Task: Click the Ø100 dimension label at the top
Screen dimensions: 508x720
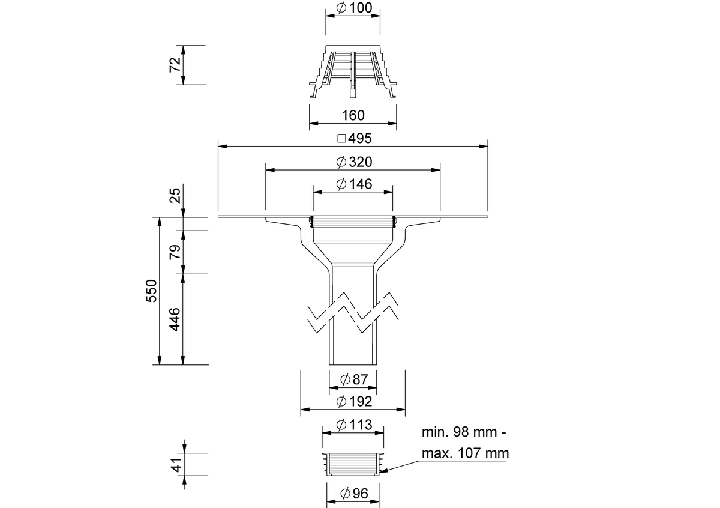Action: coord(354,8)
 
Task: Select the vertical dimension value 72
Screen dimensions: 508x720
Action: coord(175,65)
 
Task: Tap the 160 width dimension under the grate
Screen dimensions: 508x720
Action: coord(353,115)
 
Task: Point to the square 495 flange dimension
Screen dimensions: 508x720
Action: coord(354,138)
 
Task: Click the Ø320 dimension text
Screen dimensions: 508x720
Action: coord(354,162)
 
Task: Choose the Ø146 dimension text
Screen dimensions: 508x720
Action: coord(354,184)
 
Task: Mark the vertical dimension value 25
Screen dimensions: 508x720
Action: coord(175,195)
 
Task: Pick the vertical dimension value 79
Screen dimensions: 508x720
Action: coord(175,252)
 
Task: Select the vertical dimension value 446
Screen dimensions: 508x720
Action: coord(175,319)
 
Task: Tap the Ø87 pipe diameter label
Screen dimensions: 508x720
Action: coord(353,379)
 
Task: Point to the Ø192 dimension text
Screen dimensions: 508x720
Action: coord(354,402)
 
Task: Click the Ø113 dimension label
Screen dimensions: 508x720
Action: coord(354,425)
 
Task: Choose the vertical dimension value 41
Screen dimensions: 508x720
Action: coord(175,465)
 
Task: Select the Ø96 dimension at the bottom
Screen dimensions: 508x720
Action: coord(353,494)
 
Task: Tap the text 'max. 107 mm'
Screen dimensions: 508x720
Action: coord(464,453)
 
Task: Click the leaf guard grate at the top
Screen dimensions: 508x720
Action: coord(353,71)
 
